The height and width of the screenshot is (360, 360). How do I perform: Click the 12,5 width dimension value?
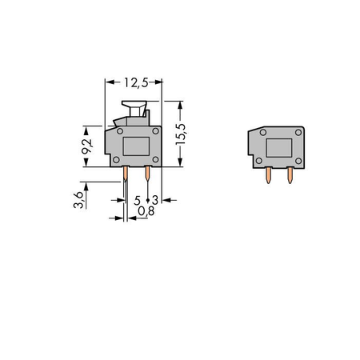point(136,82)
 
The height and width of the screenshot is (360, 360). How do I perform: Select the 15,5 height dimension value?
point(181,134)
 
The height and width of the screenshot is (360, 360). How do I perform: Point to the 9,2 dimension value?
point(87,146)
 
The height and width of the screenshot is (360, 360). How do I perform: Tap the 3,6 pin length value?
point(78,200)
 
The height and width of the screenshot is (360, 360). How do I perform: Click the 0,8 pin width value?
point(146,211)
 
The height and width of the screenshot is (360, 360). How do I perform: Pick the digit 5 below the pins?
point(137,200)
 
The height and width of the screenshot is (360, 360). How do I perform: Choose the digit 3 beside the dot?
point(155,200)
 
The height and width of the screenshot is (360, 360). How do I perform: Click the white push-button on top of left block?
point(134,108)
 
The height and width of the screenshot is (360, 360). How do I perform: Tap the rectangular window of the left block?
point(136,146)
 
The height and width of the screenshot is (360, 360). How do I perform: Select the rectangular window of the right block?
point(279,148)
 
